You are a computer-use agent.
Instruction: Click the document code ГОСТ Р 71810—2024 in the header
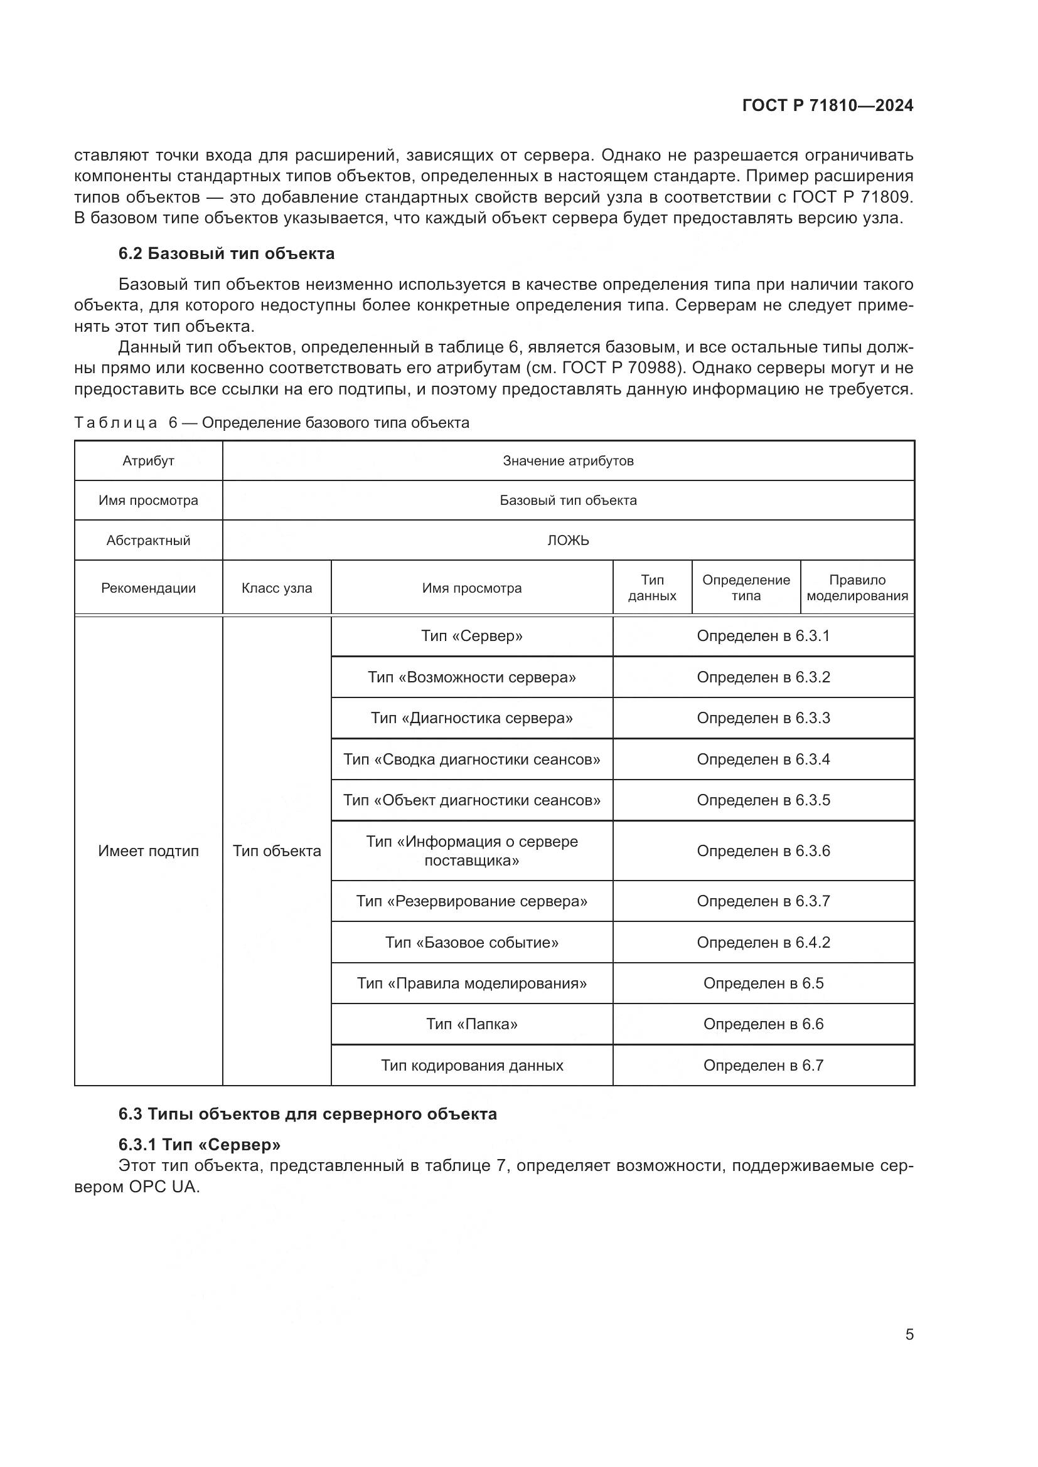pyautogui.click(x=827, y=105)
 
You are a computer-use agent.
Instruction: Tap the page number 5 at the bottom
pyautogui.click(x=909, y=1334)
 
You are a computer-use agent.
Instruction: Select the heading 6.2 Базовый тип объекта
pyautogui.click(x=227, y=253)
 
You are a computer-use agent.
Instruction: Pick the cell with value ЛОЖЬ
pyautogui.click(x=567, y=540)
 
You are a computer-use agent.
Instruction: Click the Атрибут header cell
pyautogui.click(x=148, y=461)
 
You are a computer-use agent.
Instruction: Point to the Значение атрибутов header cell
pyautogui.click(x=567, y=461)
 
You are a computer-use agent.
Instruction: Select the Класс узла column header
pyautogui.click(x=277, y=588)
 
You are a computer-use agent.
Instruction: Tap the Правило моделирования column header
pyautogui.click(x=857, y=588)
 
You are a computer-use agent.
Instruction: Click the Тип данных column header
pyautogui.click(x=652, y=588)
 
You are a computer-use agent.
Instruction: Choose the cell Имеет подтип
pyautogui.click(x=148, y=850)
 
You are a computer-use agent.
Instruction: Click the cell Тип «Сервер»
pyautogui.click(x=472, y=636)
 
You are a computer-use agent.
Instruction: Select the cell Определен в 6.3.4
pyautogui.click(x=763, y=759)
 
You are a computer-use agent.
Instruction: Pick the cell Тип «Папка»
pyautogui.click(x=472, y=1024)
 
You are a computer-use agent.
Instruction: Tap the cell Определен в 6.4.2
pyautogui.click(x=763, y=942)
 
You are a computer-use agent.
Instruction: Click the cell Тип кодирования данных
pyautogui.click(x=472, y=1065)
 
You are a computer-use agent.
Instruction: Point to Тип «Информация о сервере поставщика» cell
pyautogui.click(x=472, y=850)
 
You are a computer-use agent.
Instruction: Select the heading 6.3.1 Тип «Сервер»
pyautogui.click(x=200, y=1143)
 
